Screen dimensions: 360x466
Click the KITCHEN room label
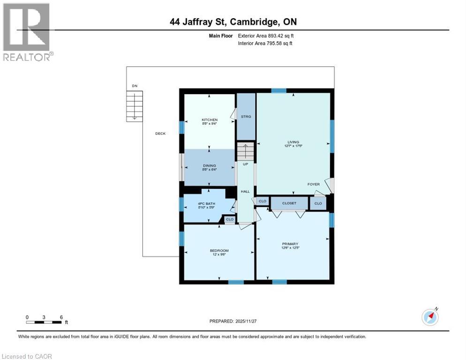tap(210, 120)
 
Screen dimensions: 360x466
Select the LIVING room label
tap(293, 142)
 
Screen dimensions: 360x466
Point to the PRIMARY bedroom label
tap(290, 244)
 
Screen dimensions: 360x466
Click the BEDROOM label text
tap(219, 251)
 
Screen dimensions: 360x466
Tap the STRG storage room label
tap(246, 117)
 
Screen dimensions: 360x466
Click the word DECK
tap(160, 134)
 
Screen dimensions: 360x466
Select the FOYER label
tap(313, 184)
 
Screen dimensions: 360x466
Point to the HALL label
tap(245, 191)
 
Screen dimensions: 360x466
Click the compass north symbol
tap(430, 317)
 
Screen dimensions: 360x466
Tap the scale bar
tap(44, 322)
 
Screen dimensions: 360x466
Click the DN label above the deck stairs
tap(135, 86)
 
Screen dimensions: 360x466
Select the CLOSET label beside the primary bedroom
tap(289, 203)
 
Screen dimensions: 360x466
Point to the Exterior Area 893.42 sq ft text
tap(266, 36)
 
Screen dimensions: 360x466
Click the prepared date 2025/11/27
tap(233, 321)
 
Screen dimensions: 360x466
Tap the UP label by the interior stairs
tap(245, 164)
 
